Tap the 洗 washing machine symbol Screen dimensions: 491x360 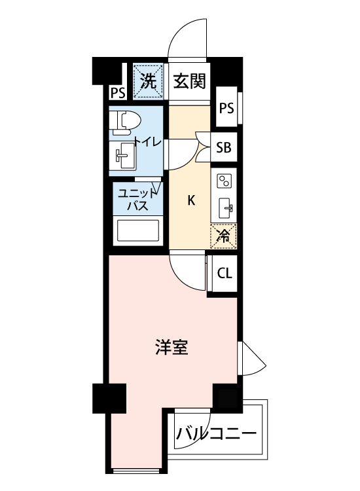point(149,82)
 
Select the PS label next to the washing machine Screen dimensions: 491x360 point(118,93)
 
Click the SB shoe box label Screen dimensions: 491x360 point(224,147)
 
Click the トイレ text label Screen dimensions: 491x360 point(145,141)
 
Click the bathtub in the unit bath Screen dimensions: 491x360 point(137,232)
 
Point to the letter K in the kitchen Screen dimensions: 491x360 point(191,201)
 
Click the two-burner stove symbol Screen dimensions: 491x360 point(224,180)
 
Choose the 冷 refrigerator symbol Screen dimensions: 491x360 point(223,236)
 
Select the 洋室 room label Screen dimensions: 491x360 point(172,348)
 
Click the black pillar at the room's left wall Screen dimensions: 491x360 point(108,398)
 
